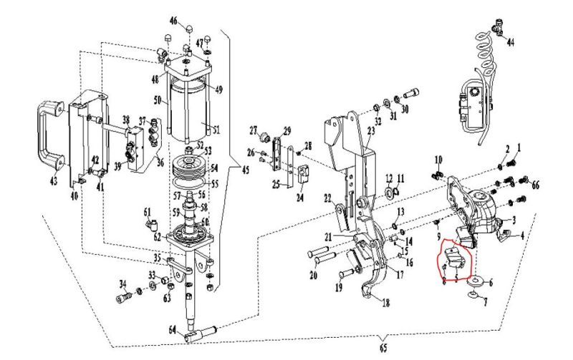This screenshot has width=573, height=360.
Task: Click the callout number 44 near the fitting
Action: (510, 42)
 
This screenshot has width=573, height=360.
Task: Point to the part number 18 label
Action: (386, 303)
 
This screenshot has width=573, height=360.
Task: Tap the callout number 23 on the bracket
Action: (371, 131)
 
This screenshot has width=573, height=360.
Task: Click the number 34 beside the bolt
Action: (122, 283)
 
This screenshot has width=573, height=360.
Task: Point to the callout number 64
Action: (173, 330)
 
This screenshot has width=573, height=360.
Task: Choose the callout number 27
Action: (253, 130)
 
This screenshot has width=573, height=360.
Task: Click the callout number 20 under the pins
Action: (313, 276)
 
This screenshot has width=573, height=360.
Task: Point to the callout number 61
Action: (147, 211)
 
